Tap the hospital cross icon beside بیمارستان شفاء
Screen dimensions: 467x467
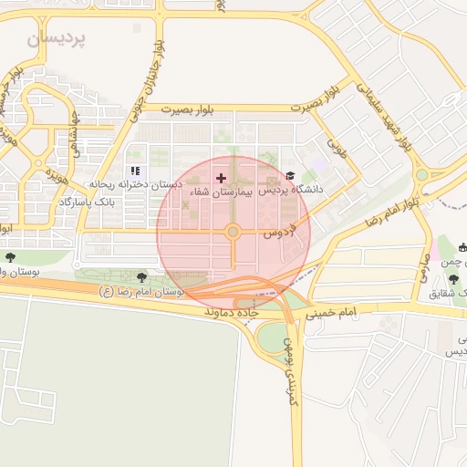pos(221,177)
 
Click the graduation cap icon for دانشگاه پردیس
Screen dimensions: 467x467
pos(290,176)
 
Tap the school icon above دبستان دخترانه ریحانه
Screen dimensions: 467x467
pos(136,171)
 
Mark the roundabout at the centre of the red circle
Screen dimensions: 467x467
pos(233,233)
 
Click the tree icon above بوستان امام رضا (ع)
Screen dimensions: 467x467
pos(141,277)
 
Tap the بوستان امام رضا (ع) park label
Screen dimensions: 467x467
pos(141,292)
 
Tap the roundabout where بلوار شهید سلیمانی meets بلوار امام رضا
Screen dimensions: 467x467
pos(421,175)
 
